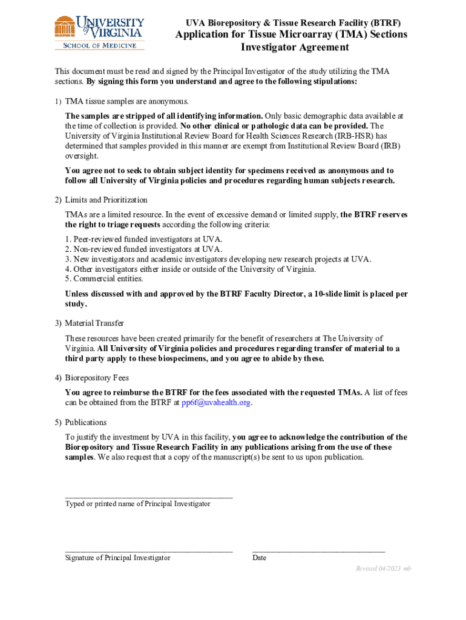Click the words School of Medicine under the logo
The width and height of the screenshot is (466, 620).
[x=100, y=44]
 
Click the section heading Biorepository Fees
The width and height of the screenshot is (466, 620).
[x=97, y=378]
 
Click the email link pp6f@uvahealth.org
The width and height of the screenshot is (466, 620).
[x=216, y=403]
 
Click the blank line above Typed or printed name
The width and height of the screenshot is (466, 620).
[x=149, y=496]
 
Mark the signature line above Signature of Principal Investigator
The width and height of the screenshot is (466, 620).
[x=149, y=551]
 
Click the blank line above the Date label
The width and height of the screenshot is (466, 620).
[x=318, y=551]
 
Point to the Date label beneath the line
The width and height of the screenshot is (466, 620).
[x=259, y=558]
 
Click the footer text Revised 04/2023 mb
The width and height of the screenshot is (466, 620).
[x=382, y=569]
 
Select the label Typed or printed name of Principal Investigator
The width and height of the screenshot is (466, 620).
[x=138, y=504]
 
